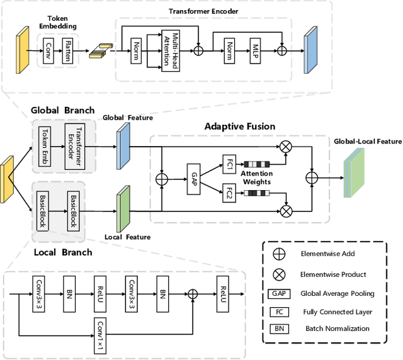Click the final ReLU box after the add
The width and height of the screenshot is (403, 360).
click(222, 293)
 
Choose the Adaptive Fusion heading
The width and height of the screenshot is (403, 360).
click(240, 127)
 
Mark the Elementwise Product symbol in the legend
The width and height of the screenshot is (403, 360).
click(278, 274)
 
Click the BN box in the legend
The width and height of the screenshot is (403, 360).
click(278, 328)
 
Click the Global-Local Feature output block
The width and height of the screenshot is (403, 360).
click(354, 176)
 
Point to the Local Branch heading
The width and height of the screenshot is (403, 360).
click(62, 252)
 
